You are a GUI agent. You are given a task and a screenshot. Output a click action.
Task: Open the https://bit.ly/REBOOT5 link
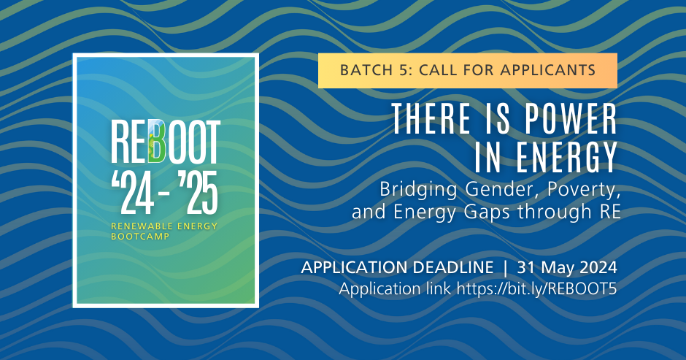(x=536, y=288)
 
